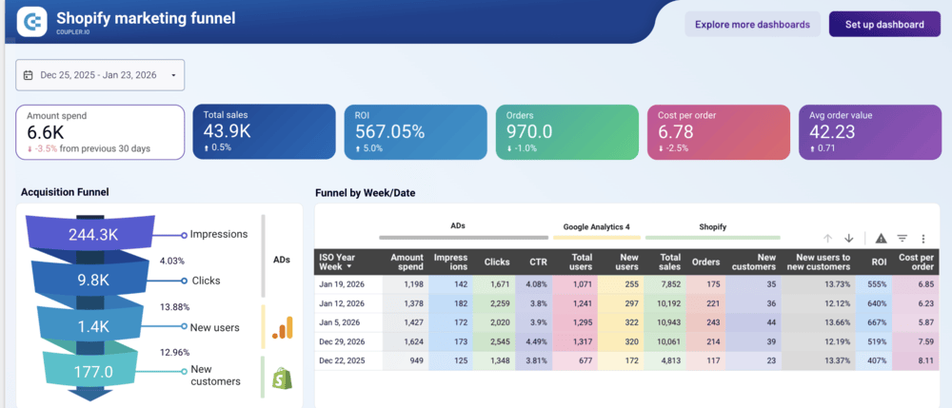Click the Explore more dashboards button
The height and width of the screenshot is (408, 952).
coord(752,25)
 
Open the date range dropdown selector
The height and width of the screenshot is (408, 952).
coord(100,75)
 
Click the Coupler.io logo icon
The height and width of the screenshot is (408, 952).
coord(33,21)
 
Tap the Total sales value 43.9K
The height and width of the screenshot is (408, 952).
coord(227,131)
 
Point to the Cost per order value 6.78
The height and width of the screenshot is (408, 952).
coord(674,131)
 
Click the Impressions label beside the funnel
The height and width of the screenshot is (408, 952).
coord(219,234)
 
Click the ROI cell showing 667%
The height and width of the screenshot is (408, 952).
coord(874,322)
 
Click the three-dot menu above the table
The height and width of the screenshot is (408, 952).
coord(922,239)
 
